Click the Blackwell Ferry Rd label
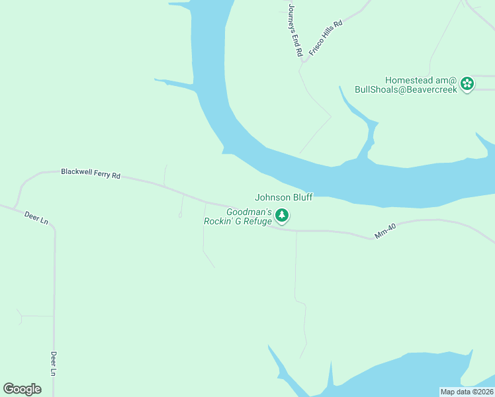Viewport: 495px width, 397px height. coord(91,173)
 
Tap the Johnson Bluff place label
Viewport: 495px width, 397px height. coord(284,197)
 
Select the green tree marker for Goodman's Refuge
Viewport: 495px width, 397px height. coord(282,215)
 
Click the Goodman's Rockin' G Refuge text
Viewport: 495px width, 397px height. coord(238,216)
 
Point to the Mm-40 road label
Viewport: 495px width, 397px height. coord(385,231)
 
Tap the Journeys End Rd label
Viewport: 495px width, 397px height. coord(294,29)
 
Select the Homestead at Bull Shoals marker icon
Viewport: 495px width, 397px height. coord(468,84)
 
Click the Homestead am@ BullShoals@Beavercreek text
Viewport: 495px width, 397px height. coord(406,84)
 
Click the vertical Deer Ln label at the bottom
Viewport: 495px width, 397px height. coord(54,363)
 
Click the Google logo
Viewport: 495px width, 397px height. coord(22,389)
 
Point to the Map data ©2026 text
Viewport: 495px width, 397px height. coord(467,391)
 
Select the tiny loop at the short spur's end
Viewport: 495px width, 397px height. coord(181,214)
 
